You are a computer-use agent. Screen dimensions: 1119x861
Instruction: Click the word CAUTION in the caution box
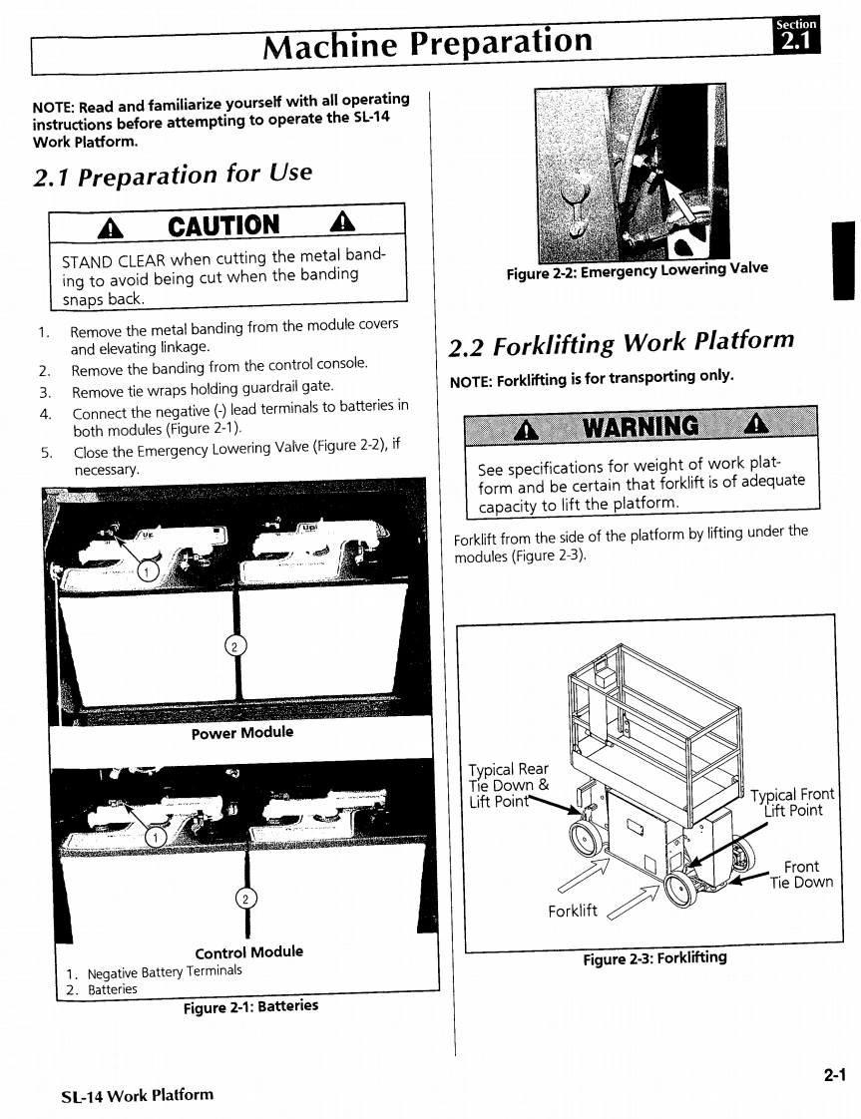tap(224, 225)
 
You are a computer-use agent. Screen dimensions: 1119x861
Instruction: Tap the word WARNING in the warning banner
tap(641, 427)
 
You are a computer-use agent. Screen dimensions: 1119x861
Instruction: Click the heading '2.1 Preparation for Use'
tap(173, 176)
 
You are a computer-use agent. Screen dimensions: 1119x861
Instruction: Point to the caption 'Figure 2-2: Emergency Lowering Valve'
tap(637, 270)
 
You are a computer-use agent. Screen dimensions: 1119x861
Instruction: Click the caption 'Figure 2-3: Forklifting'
tap(654, 958)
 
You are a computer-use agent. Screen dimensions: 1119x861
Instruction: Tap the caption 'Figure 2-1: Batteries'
tap(250, 1006)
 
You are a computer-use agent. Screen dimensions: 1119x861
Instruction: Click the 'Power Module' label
tap(242, 733)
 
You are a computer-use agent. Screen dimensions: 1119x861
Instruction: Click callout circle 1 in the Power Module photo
tap(147, 571)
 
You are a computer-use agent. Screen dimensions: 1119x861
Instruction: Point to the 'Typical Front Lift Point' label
tap(792, 802)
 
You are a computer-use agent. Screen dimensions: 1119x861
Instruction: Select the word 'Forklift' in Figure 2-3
tap(573, 911)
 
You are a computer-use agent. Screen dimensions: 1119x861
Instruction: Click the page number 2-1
tap(834, 1074)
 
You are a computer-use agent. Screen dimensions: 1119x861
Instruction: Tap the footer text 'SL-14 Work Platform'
tap(138, 1094)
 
